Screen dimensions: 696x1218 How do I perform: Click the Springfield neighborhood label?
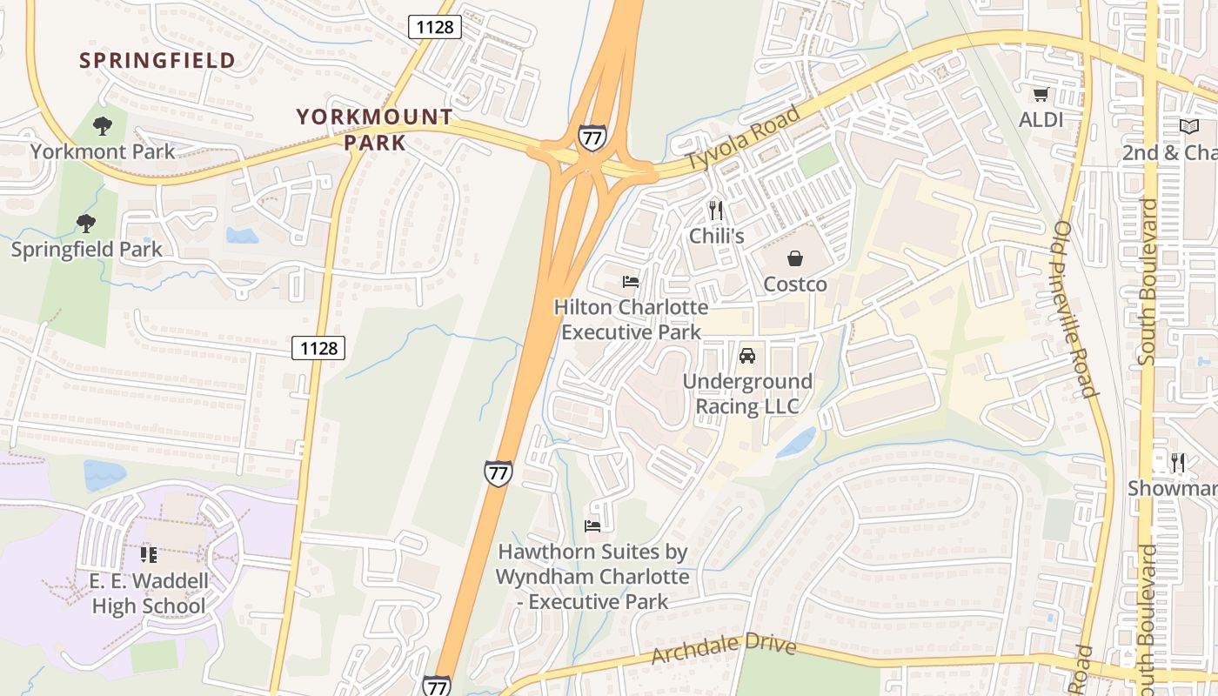(157, 60)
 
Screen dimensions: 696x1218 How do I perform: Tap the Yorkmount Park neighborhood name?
(374, 129)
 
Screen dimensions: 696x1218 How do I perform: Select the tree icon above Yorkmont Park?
(103, 126)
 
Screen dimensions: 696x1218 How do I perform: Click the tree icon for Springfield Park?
(85, 224)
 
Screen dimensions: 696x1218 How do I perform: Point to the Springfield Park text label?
(86, 250)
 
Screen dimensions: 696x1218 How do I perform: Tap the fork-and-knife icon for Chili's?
(716, 211)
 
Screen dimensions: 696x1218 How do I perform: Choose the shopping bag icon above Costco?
(794, 258)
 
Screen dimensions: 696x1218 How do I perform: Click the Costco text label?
(795, 284)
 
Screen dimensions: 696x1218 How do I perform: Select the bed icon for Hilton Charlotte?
(631, 282)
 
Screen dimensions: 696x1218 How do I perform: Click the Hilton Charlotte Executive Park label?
(631, 319)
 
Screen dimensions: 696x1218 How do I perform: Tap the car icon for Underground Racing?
(746, 356)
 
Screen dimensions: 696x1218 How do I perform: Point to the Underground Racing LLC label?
(747, 394)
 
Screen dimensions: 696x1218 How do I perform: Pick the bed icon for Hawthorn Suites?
(592, 525)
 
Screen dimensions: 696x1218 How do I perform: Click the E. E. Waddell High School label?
(149, 593)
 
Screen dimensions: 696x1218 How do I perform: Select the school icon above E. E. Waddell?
(149, 554)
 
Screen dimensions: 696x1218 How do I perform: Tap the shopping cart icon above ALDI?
(1041, 94)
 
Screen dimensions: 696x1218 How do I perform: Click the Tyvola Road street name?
(743, 137)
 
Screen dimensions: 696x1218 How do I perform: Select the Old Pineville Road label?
(1076, 309)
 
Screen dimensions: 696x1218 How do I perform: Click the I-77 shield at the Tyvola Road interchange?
(591, 137)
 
